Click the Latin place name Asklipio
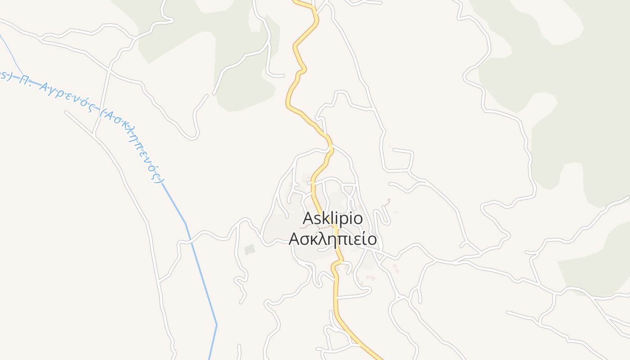coord(333,218)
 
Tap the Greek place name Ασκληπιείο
coord(333,239)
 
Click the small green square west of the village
coord(249,249)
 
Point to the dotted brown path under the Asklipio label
coord(315,227)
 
